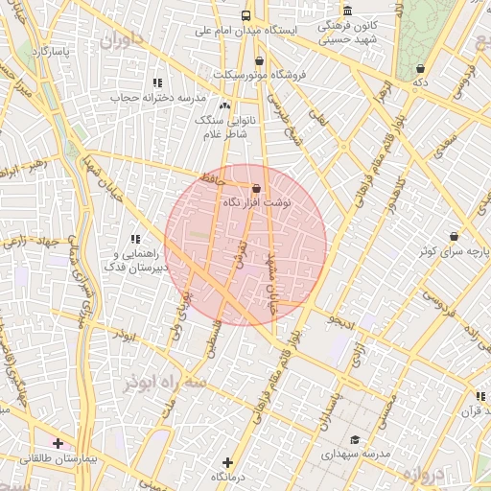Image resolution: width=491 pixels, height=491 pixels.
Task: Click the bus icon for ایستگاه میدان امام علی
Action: pos(246,15)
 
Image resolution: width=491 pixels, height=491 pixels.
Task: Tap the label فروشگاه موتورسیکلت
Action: pos(260,74)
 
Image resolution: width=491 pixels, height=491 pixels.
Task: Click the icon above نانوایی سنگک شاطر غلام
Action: pos(224,105)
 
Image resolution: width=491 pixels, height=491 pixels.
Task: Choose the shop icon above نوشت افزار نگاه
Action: pos(256,189)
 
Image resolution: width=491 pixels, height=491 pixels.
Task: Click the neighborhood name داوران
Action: pos(120,40)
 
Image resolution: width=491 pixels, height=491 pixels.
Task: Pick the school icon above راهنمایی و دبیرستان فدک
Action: pos(135,238)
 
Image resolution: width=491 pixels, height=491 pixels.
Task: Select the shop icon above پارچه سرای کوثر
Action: pos(454,236)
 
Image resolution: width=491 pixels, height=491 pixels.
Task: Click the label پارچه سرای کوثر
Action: pos(453,250)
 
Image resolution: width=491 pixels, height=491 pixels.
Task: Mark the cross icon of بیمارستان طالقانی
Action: pos(58,443)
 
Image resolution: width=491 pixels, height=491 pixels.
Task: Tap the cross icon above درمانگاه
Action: pos(226,462)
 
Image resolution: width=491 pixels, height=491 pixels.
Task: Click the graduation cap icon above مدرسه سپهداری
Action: pos(355,439)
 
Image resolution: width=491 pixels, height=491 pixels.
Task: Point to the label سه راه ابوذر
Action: pos(164,382)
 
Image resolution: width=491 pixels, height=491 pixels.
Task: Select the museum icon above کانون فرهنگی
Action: pos(346,11)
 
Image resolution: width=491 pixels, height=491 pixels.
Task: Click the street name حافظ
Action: pos(212,178)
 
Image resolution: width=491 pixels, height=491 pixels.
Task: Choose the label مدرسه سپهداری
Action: pos(354,454)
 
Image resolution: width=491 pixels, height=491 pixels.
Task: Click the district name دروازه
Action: pos(423,475)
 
